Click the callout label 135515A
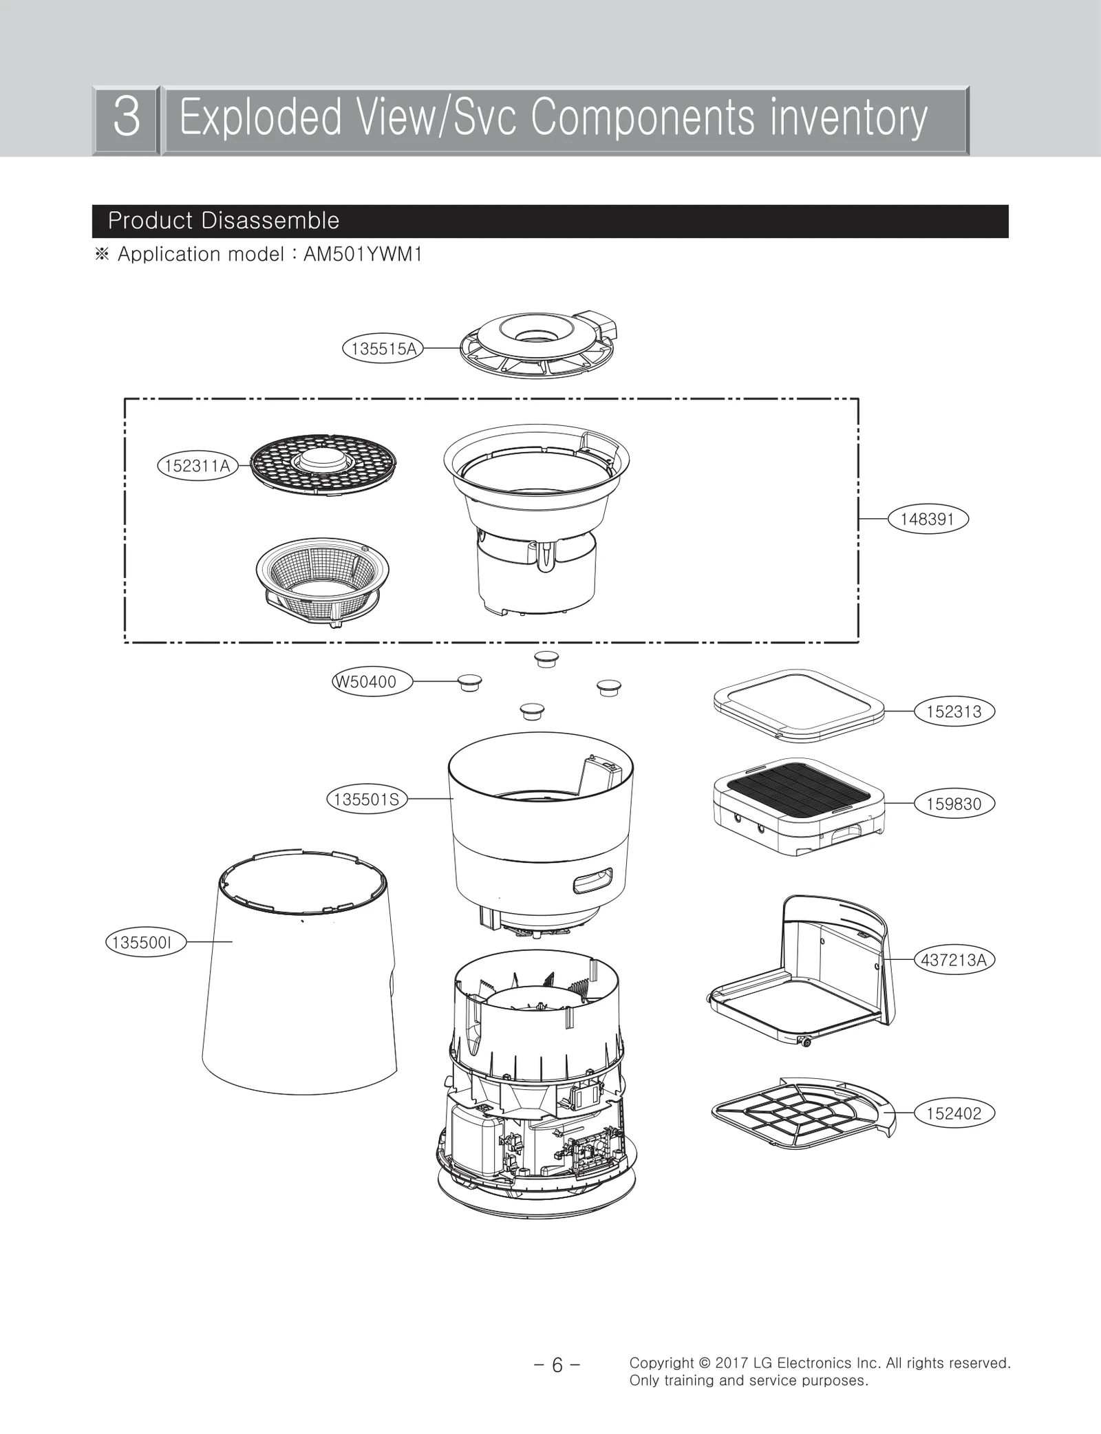point(383,349)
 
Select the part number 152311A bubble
point(197,466)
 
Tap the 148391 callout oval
point(927,519)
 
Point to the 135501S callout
point(366,800)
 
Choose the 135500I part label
point(145,942)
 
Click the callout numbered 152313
point(954,711)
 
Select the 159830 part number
point(954,804)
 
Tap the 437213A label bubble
point(954,960)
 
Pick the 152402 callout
point(954,1113)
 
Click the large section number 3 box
point(127,118)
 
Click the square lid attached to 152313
point(798,705)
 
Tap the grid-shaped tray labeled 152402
point(798,1115)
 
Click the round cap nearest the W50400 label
point(470,683)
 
